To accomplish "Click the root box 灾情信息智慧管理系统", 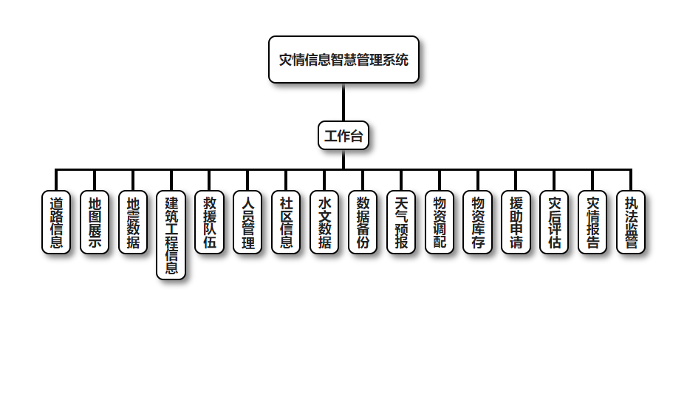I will pyautogui.click(x=343, y=60).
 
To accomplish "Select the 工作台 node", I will pyautogui.click(x=343, y=136).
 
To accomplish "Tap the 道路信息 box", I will pyautogui.click(x=56, y=223).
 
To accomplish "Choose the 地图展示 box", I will pyautogui.click(x=95, y=223).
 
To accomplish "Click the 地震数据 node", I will pyautogui.click(x=133, y=223).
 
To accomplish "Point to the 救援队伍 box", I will pyautogui.click(x=210, y=223).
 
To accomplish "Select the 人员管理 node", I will pyautogui.click(x=248, y=223).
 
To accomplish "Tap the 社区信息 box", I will pyautogui.click(x=287, y=223).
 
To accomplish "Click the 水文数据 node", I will pyautogui.click(x=325, y=223).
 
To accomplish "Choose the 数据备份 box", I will pyautogui.click(x=363, y=223).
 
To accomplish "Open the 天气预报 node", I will pyautogui.click(x=401, y=223).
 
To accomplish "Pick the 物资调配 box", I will pyautogui.click(x=440, y=223).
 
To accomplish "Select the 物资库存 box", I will pyautogui.click(x=478, y=223).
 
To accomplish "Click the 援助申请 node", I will pyautogui.click(x=516, y=223).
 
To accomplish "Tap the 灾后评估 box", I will pyautogui.click(x=554, y=223).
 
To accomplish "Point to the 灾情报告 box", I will pyautogui.click(x=592, y=223).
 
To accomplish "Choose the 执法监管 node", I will pyautogui.click(x=631, y=223).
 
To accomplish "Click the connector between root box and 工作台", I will pyautogui.click(x=343, y=102).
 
